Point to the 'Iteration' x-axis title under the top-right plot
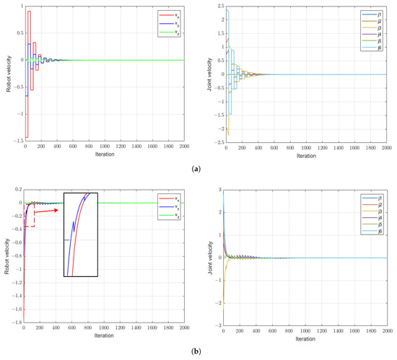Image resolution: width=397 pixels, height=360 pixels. [x=305, y=155]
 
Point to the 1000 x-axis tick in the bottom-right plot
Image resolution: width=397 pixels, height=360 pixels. [x=305, y=331]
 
